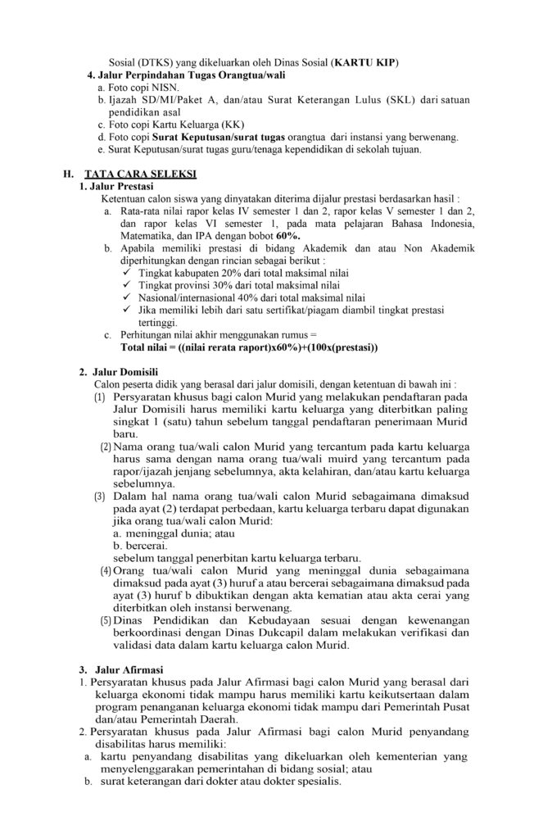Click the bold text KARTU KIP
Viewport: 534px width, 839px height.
click(x=369, y=63)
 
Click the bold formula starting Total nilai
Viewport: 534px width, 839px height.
click(x=249, y=348)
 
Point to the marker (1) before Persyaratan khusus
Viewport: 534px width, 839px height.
click(x=99, y=397)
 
